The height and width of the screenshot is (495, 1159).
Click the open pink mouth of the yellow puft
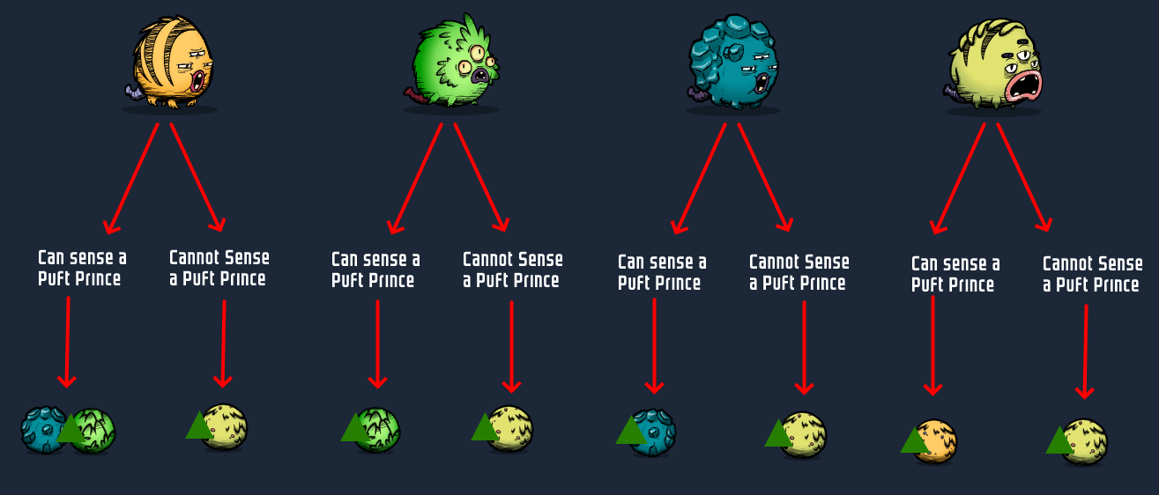click(1025, 85)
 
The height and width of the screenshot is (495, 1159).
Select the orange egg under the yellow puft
click(936, 440)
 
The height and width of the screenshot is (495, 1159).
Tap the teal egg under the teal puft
click(654, 432)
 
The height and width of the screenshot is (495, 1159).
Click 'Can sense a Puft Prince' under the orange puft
click(82, 268)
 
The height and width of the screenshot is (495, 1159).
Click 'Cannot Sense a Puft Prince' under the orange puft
click(219, 268)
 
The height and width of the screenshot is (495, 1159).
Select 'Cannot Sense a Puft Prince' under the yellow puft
click(1092, 274)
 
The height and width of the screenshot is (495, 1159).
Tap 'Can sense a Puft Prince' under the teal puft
click(661, 272)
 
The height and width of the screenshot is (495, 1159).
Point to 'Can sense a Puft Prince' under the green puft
click(375, 270)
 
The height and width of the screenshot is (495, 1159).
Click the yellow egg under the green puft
click(509, 428)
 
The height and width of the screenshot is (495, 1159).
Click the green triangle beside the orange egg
click(914, 440)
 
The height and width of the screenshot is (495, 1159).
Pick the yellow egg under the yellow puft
click(1084, 440)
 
